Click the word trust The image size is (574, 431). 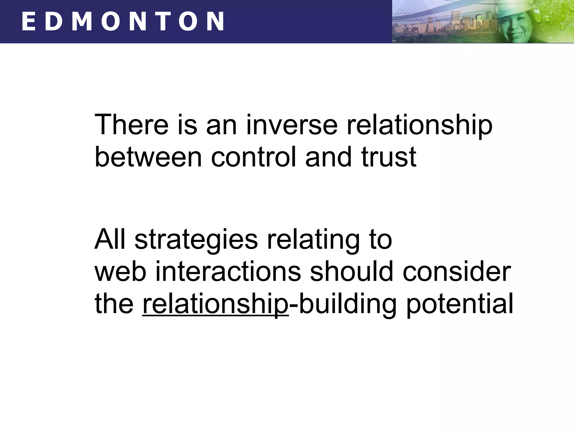[x=389, y=157]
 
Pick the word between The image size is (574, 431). [x=148, y=157]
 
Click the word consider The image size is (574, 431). [x=457, y=271]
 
